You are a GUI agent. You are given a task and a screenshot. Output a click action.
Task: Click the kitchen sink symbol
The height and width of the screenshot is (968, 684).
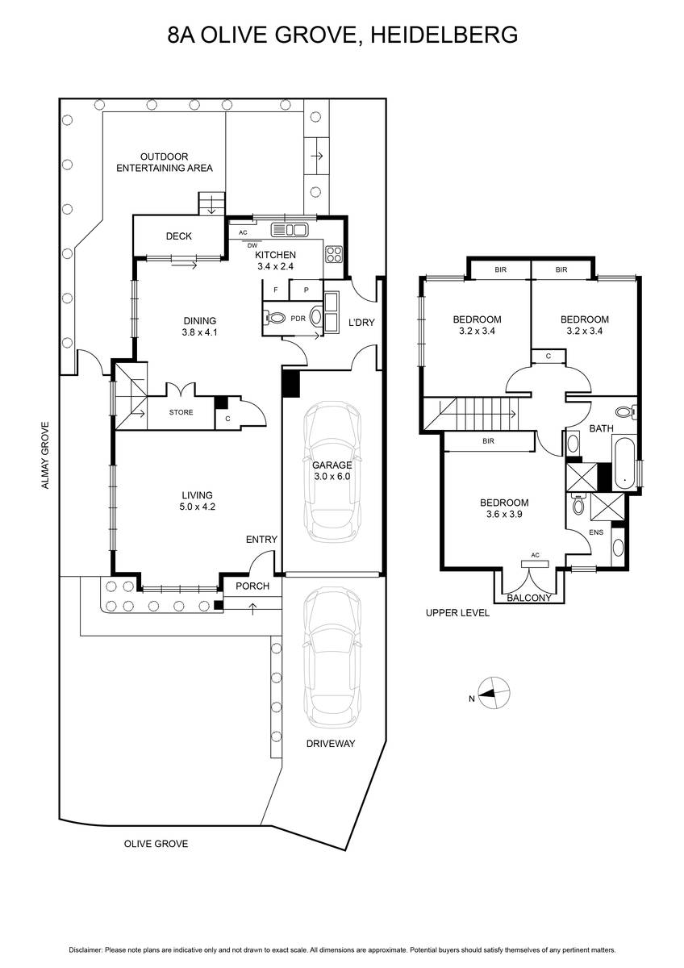(289, 229)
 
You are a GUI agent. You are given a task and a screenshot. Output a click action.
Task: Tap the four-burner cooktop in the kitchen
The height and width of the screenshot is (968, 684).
(334, 254)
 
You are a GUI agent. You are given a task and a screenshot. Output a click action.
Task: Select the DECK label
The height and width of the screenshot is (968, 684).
(179, 236)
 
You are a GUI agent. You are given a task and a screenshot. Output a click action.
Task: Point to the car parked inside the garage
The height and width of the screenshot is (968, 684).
(332, 472)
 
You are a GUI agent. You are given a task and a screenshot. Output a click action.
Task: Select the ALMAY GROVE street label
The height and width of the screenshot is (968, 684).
(45, 456)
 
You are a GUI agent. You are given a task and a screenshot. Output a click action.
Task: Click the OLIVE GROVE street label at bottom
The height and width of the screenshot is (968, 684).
(156, 844)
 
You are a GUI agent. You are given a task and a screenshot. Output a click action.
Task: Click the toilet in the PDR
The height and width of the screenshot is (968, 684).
(275, 319)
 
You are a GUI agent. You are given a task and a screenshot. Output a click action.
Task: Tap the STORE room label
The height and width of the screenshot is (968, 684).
(181, 412)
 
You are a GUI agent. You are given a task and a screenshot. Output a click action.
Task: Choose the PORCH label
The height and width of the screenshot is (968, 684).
(252, 586)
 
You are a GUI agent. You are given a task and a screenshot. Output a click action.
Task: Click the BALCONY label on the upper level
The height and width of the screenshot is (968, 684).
(529, 598)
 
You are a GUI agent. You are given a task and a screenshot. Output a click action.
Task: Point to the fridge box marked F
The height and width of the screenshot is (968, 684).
(276, 290)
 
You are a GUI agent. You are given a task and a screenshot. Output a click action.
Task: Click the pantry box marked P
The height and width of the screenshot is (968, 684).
(306, 290)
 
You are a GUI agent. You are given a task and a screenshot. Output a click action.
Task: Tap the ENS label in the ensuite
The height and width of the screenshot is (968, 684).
(596, 532)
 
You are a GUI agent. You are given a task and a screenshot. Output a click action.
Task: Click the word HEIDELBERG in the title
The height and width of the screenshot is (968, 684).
(444, 35)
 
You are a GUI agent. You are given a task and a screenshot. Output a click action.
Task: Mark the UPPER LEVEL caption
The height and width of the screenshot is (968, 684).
(457, 613)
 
